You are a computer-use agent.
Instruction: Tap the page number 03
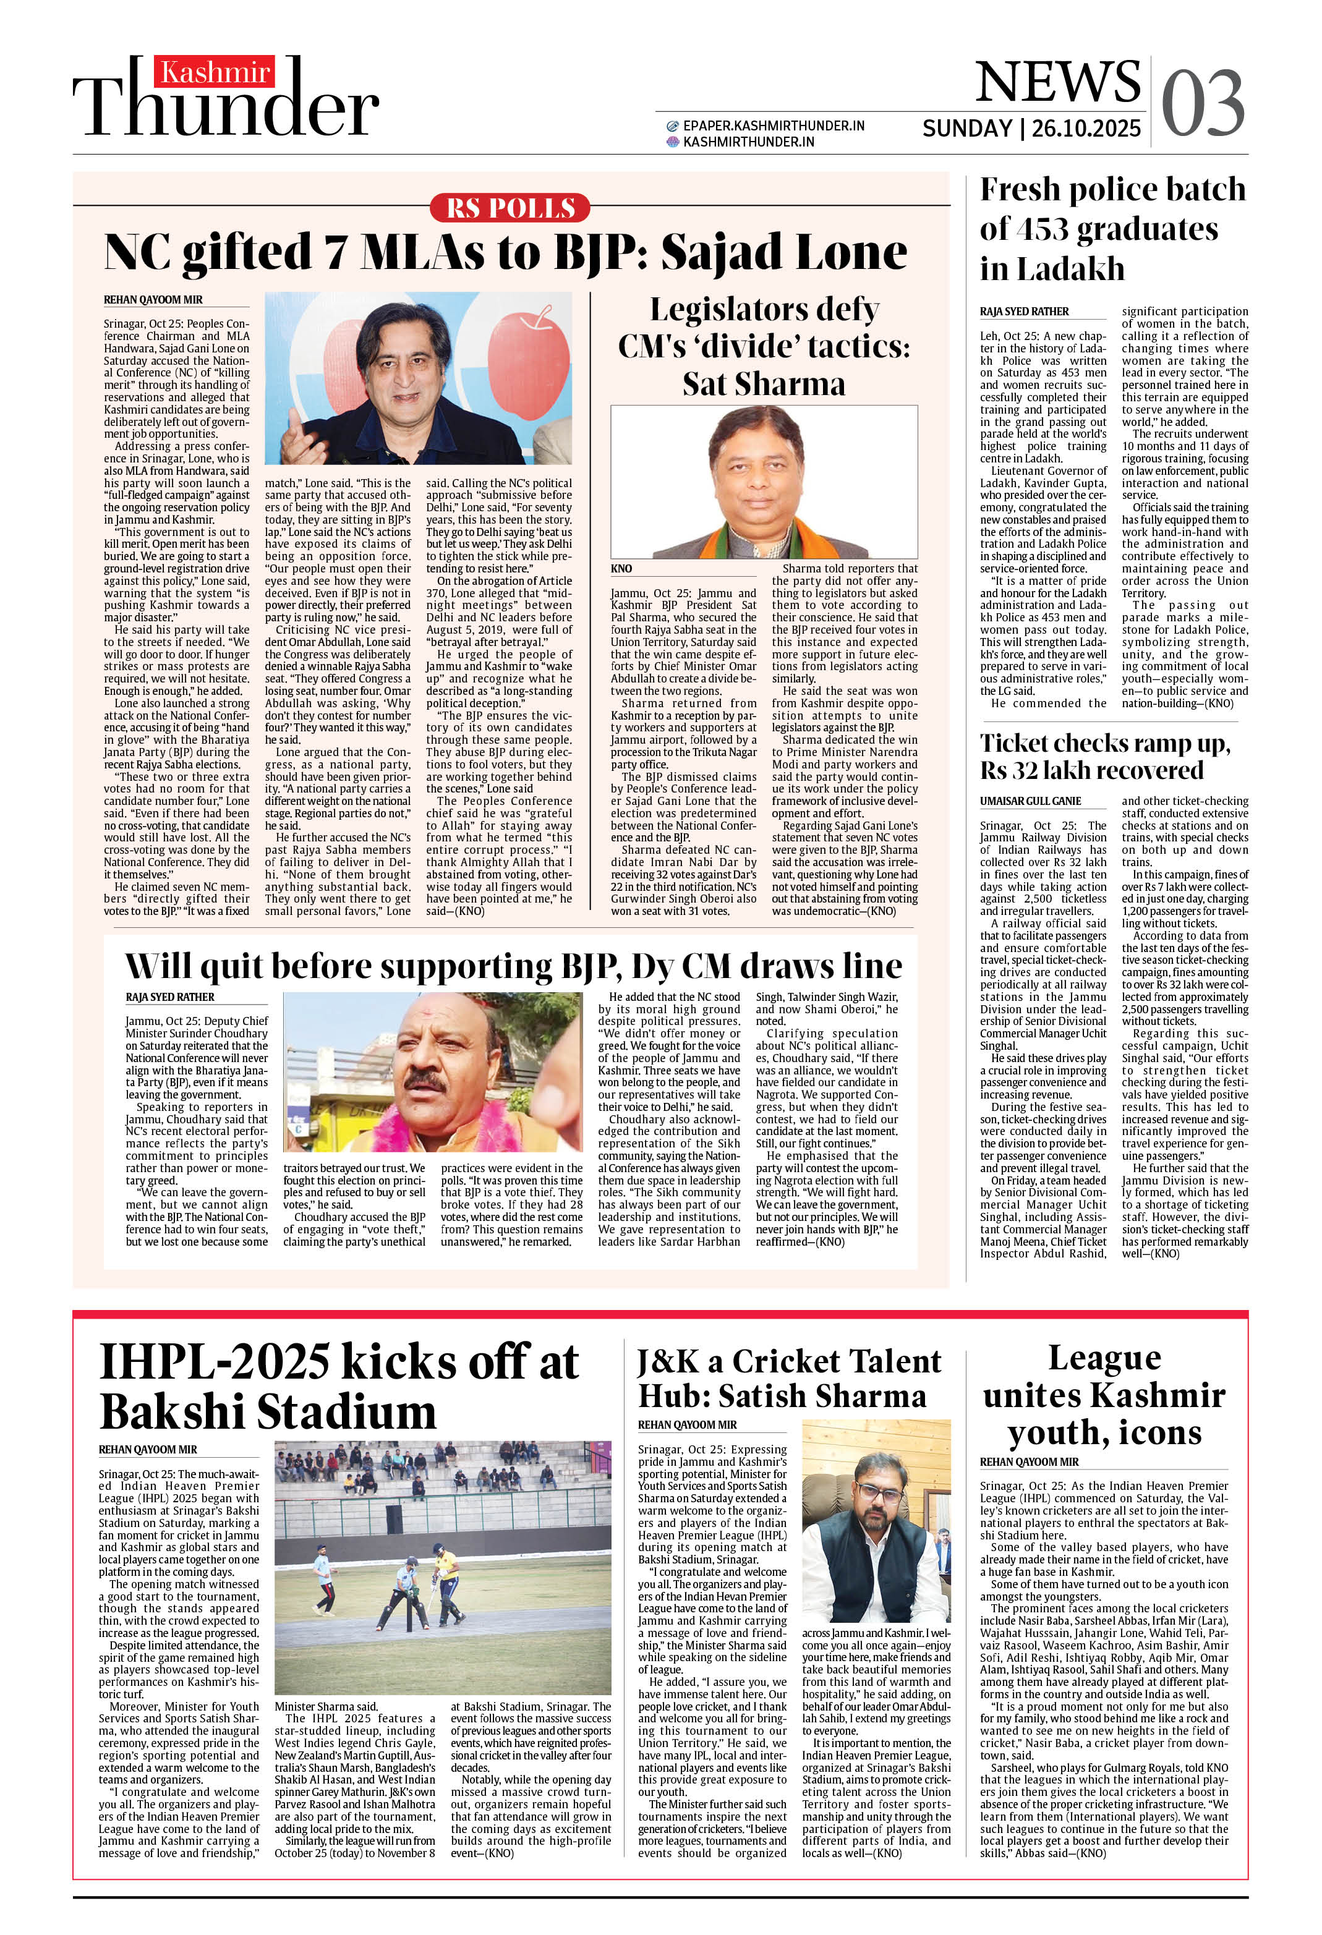click(x=1202, y=103)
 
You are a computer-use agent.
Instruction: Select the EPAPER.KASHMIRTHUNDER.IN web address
click(x=773, y=125)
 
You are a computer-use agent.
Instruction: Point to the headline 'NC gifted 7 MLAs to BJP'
click(x=505, y=252)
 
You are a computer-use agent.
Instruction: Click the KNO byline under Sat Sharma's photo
click(x=621, y=569)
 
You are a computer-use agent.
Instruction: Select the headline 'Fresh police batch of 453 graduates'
click(x=1112, y=229)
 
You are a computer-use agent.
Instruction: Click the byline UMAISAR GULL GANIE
click(x=1030, y=801)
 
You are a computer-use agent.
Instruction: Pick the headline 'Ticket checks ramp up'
click(x=1104, y=756)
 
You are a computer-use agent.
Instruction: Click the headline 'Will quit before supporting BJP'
click(x=513, y=966)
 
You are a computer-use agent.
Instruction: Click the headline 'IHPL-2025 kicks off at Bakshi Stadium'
click(x=338, y=1387)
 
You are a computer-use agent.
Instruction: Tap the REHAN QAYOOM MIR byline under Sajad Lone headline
click(x=153, y=300)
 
